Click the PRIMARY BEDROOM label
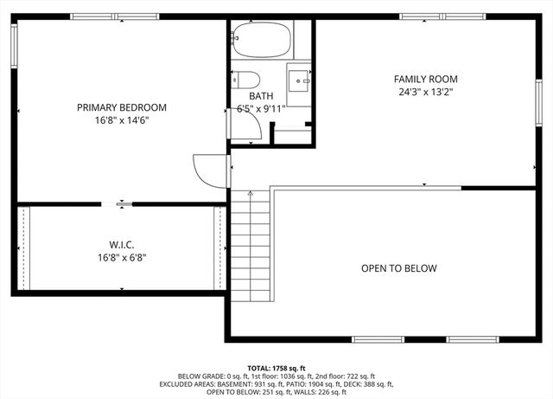click(122, 107)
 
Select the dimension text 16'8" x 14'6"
click(122, 120)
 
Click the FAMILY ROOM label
click(426, 79)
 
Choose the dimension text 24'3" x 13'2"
click(426, 92)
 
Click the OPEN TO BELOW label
click(398, 268)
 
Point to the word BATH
click(261, 96)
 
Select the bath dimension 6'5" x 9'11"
click(261, 109)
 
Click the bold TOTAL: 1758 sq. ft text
click(276, 368)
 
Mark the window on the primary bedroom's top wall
click(109, 16)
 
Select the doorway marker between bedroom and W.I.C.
click(122, 204)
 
